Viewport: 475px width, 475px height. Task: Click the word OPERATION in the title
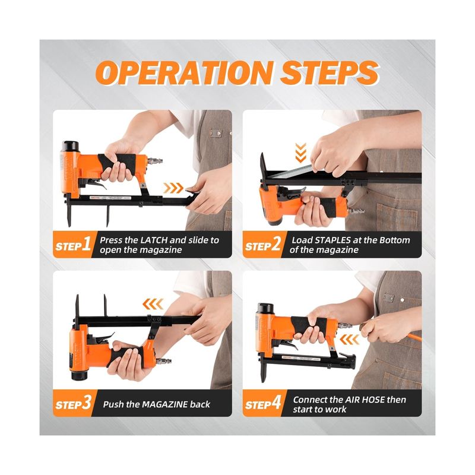185,72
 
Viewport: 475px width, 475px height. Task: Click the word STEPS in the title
330,72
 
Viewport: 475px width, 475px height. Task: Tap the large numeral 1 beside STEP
87,243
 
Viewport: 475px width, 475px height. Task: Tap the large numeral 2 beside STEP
276,243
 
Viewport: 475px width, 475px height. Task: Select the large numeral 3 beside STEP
87,403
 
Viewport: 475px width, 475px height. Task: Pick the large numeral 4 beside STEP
276,403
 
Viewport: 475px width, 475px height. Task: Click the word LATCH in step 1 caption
154,240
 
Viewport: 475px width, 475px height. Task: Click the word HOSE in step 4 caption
373,400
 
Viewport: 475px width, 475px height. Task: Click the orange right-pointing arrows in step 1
173,188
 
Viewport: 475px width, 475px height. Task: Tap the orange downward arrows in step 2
300,153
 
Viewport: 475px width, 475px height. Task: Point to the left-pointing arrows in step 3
153,304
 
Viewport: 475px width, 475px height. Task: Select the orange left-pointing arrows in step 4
350,339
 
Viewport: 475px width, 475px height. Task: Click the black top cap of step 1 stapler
70,146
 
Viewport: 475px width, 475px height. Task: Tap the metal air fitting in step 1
155,160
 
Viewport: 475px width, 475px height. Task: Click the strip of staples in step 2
290,172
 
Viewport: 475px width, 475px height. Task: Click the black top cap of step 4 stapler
265,308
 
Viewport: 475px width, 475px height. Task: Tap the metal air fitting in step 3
164,361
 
